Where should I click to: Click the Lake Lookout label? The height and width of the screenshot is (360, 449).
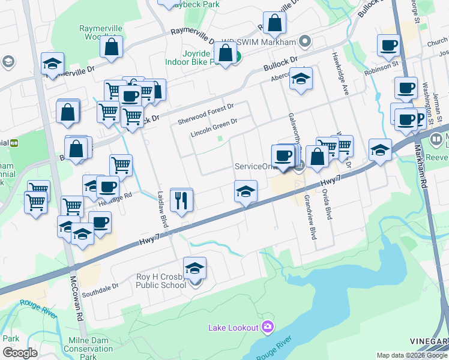(x=233, y=327)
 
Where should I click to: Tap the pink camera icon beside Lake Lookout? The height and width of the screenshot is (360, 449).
(x=268, y=327)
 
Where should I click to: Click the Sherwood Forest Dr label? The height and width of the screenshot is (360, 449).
(x=205, y=113)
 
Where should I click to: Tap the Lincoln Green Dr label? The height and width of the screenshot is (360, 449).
(x=214, y=124)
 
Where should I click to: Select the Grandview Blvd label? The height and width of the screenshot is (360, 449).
(x=310, y=217)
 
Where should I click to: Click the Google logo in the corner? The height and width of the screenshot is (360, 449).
(x=20, y=352)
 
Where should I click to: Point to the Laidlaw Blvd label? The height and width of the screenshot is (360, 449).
(x=162, y=209)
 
